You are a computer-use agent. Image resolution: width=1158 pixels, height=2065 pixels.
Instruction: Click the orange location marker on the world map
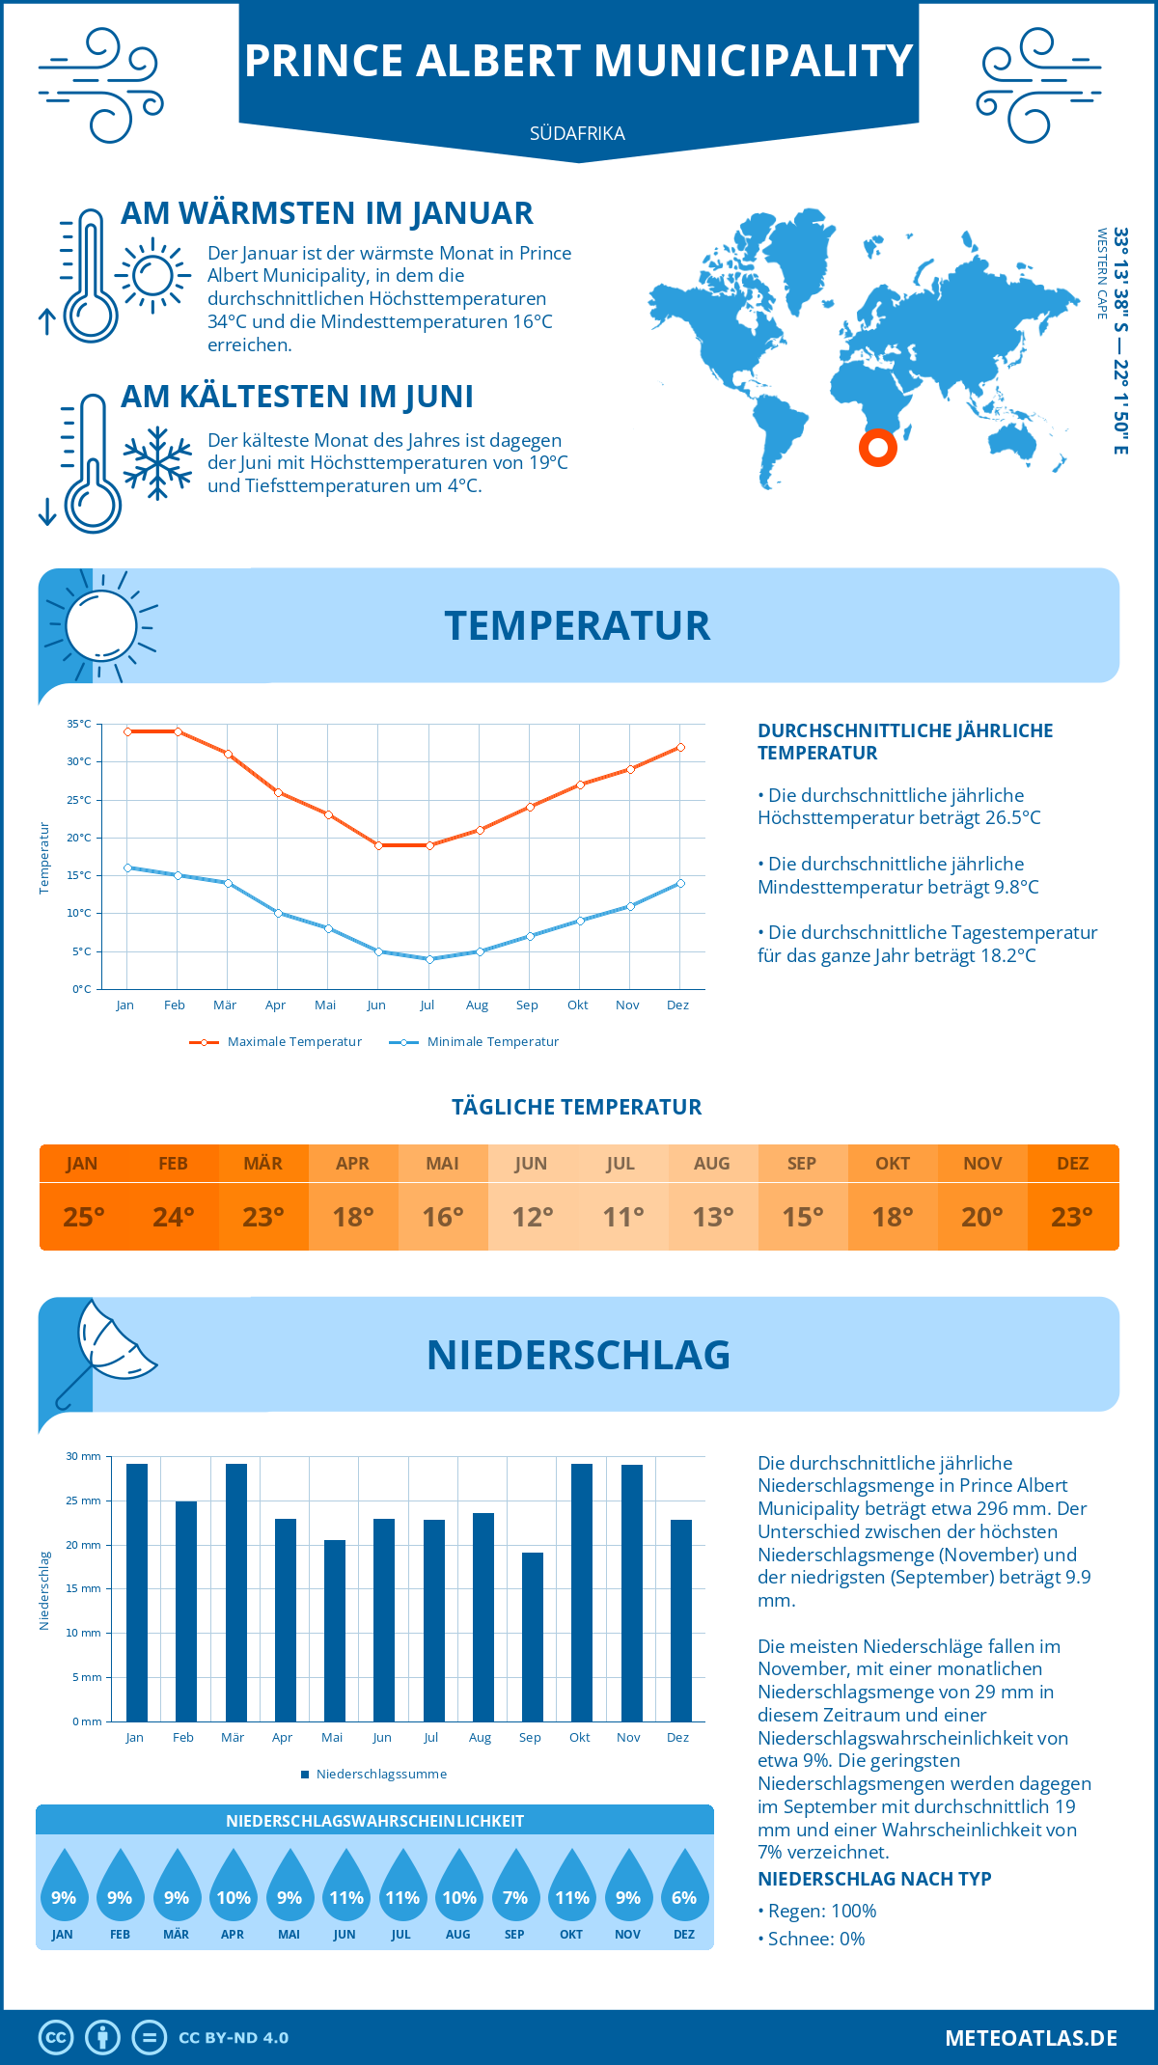pos(878,447)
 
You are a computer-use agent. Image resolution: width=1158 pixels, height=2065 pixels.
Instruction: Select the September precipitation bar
pos(533,1637)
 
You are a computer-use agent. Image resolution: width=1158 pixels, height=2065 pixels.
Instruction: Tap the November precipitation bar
pos(632,1592)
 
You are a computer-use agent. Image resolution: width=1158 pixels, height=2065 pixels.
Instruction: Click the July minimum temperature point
pos(429,959)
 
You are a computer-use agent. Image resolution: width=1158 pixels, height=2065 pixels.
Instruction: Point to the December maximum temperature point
pos(680,747)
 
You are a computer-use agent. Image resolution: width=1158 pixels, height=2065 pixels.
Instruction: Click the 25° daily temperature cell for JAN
pos(83,1217)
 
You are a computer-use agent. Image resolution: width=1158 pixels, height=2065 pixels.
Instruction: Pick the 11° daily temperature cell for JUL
pos(622,1217)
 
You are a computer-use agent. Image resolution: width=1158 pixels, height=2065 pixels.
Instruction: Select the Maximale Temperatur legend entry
pos(276,1042)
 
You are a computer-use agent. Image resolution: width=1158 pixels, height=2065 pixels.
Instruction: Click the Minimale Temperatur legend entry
pos(475,1042)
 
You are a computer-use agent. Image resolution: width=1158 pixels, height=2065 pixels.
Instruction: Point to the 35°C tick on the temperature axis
pos(79,724)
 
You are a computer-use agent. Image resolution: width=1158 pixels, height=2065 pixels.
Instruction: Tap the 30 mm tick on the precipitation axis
pos(83,1456)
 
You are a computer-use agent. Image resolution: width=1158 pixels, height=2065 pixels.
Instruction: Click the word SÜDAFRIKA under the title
pos(577,133)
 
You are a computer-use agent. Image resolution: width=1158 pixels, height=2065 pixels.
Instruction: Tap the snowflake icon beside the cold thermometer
pos(157,462)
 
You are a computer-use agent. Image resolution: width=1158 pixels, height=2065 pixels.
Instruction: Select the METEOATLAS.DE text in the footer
pos(1031,2038)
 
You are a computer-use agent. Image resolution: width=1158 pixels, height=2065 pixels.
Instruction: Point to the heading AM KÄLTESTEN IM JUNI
pos(297,397)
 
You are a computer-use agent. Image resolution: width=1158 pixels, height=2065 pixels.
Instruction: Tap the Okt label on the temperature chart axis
pos(577,1005)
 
